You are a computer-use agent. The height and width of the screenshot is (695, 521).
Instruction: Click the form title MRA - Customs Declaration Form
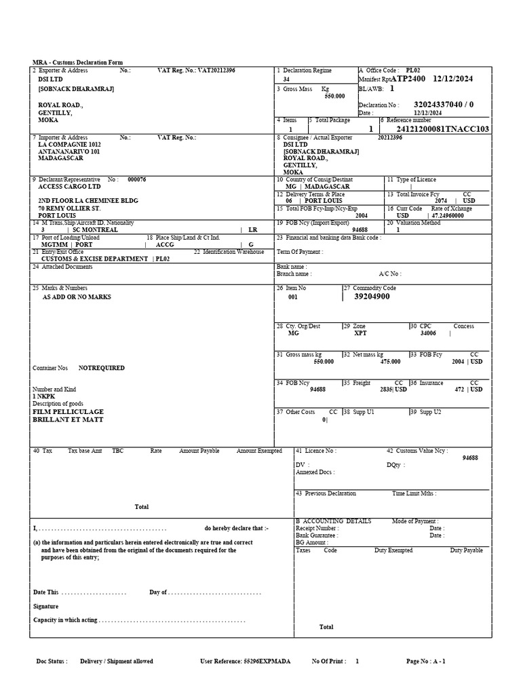pyautogui.click(x=78, y=62)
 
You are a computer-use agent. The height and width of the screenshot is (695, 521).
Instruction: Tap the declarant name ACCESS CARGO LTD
pyautogui.click(x=69, y=186)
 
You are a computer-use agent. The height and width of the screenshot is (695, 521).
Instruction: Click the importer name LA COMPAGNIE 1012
pyautogui.click(x=69, y=145)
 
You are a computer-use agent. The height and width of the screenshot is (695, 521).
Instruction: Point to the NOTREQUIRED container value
pyautogui.click(x=102, y=368)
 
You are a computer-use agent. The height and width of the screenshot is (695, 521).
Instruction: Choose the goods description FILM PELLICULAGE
pyautogui.click(x=69, y=412)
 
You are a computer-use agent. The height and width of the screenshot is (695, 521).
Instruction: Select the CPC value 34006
pyautogui.click(x=428, y=333)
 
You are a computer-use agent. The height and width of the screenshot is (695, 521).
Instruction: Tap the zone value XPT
pyautogui.click(x=360, y=333)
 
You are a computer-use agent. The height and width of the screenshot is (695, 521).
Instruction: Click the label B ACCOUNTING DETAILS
pyautogui.click(x=333, y=521)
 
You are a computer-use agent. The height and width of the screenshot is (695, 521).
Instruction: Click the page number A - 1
pyautogui.click(x=436, y=661)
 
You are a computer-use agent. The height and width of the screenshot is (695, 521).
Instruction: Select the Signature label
pyautogui.click(x=46, y=607)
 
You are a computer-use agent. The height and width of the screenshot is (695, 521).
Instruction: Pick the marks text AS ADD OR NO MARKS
pyautogui.click(x=77, y=297)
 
